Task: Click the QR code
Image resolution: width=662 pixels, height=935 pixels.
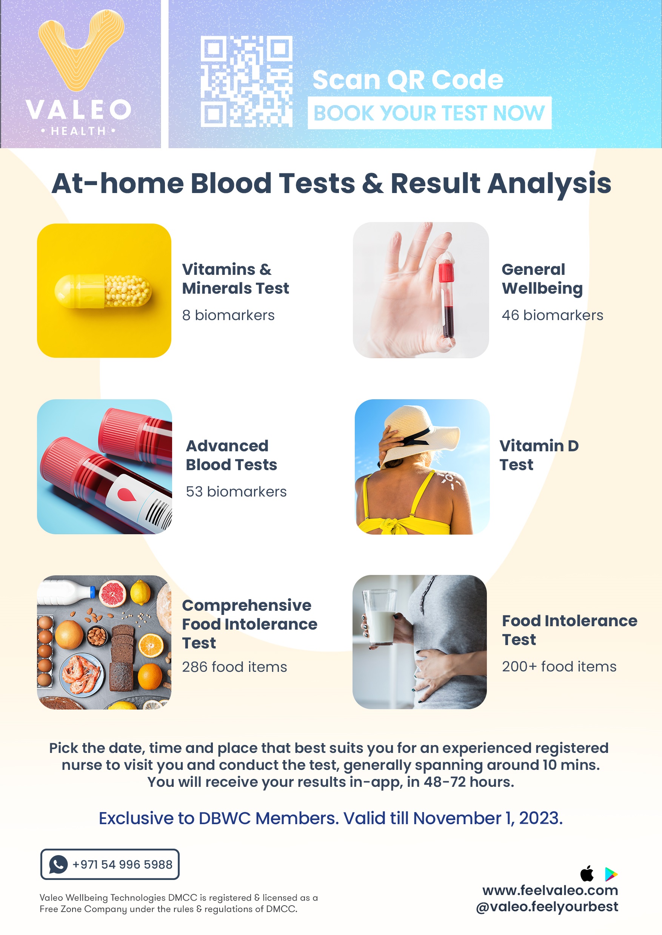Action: click(246, 81)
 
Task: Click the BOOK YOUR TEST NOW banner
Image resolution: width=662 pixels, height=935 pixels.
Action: click(429, 113)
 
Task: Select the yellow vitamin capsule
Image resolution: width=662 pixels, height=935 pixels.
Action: click(103, 291)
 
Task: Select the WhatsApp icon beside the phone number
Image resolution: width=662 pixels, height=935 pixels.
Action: click(58, 864)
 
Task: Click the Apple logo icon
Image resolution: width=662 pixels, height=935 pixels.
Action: click(587, 874)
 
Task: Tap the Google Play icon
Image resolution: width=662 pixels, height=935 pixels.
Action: click(611, 874)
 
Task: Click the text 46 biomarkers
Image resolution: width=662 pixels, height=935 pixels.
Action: click(552, 315)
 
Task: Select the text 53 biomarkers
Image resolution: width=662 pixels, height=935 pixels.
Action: click(236, 492)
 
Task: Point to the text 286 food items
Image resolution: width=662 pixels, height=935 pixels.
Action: click(234, 667)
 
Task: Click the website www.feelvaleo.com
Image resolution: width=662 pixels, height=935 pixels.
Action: click(550, 890)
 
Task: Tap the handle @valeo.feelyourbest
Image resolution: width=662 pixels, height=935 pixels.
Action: click(547, 907)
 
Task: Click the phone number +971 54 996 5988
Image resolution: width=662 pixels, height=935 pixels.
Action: click(122, 864)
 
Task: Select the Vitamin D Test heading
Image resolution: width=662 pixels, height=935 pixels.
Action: click(539, 455)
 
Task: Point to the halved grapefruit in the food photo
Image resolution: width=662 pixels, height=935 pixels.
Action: click(113, 593)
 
